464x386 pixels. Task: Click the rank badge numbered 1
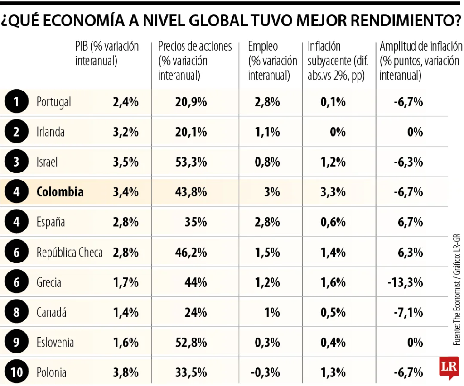[16, 102]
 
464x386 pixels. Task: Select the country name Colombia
[60, 192]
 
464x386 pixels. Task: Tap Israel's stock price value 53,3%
[191, 162]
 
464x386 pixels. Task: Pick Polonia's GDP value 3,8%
[126, 372]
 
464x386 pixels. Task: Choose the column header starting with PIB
[107, 53]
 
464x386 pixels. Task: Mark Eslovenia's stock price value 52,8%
[191, 343]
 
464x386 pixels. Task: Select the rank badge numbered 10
[16, 372]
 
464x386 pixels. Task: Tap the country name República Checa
[69, 253]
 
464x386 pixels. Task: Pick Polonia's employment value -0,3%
[265, 372]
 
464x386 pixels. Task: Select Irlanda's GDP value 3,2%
[126, 132]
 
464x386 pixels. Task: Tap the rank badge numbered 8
[16, 312]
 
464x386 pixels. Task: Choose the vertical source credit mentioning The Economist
[456, 290]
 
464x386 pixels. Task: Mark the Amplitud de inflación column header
[420, 61]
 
